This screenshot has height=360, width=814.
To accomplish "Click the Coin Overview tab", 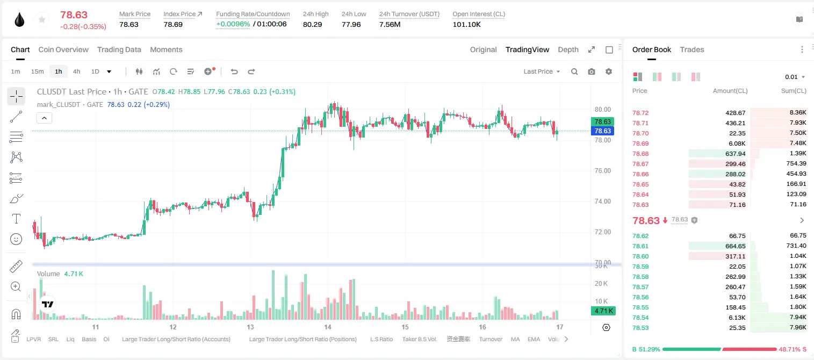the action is click(63, 49).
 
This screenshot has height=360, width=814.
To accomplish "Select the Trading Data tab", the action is click(119, 49).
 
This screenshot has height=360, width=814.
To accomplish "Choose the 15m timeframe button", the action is click(38, 71).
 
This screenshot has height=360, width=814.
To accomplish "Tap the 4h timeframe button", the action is click(76, 71).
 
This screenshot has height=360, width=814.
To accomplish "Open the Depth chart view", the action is click(568, 49).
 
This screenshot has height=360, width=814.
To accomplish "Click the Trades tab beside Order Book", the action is click(692, 49).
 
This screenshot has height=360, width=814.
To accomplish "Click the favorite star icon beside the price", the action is click(42, 20).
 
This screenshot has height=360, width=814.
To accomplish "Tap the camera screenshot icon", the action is click(592, 71).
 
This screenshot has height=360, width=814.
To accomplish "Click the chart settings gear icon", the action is click(609, 71).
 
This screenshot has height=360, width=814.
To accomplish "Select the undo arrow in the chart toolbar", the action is click(234, 71).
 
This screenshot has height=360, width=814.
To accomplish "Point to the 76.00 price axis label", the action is click(602, 171).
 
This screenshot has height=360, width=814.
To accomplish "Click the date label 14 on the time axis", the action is click(328, 327).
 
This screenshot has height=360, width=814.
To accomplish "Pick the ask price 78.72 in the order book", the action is click(640, 113).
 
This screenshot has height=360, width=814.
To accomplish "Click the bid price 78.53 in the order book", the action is click(640, 328).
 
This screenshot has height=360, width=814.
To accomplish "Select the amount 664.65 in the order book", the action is click(735, 246).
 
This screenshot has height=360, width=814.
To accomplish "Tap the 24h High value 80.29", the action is click(313, 24).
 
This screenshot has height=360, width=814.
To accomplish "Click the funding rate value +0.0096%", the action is click(233, 24).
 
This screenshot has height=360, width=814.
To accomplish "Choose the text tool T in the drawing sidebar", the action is click(16, 219).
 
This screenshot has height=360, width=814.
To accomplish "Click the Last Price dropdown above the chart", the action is click(542, 71).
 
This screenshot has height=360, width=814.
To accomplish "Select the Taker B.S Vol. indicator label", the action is click(419, 339).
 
